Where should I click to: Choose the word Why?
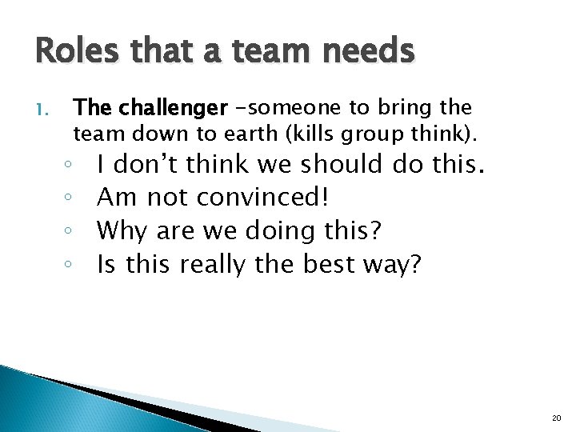122,230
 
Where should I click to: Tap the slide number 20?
557,418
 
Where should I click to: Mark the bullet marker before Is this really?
71,264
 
